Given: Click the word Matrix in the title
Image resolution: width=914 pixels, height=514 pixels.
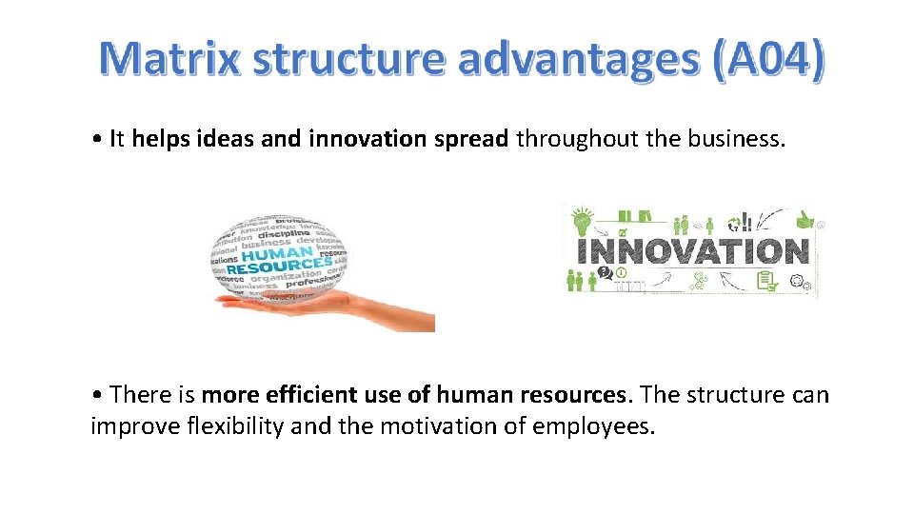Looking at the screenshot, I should coord(170,59).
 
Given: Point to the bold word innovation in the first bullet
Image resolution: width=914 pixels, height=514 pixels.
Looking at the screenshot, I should coord(368,139).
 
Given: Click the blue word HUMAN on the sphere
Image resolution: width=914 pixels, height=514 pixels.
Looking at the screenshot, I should coord(276,256).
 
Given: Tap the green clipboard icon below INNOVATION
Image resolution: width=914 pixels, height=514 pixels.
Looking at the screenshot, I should coord(765,281).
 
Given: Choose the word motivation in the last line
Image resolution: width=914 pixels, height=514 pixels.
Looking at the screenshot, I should coord(442,426).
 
